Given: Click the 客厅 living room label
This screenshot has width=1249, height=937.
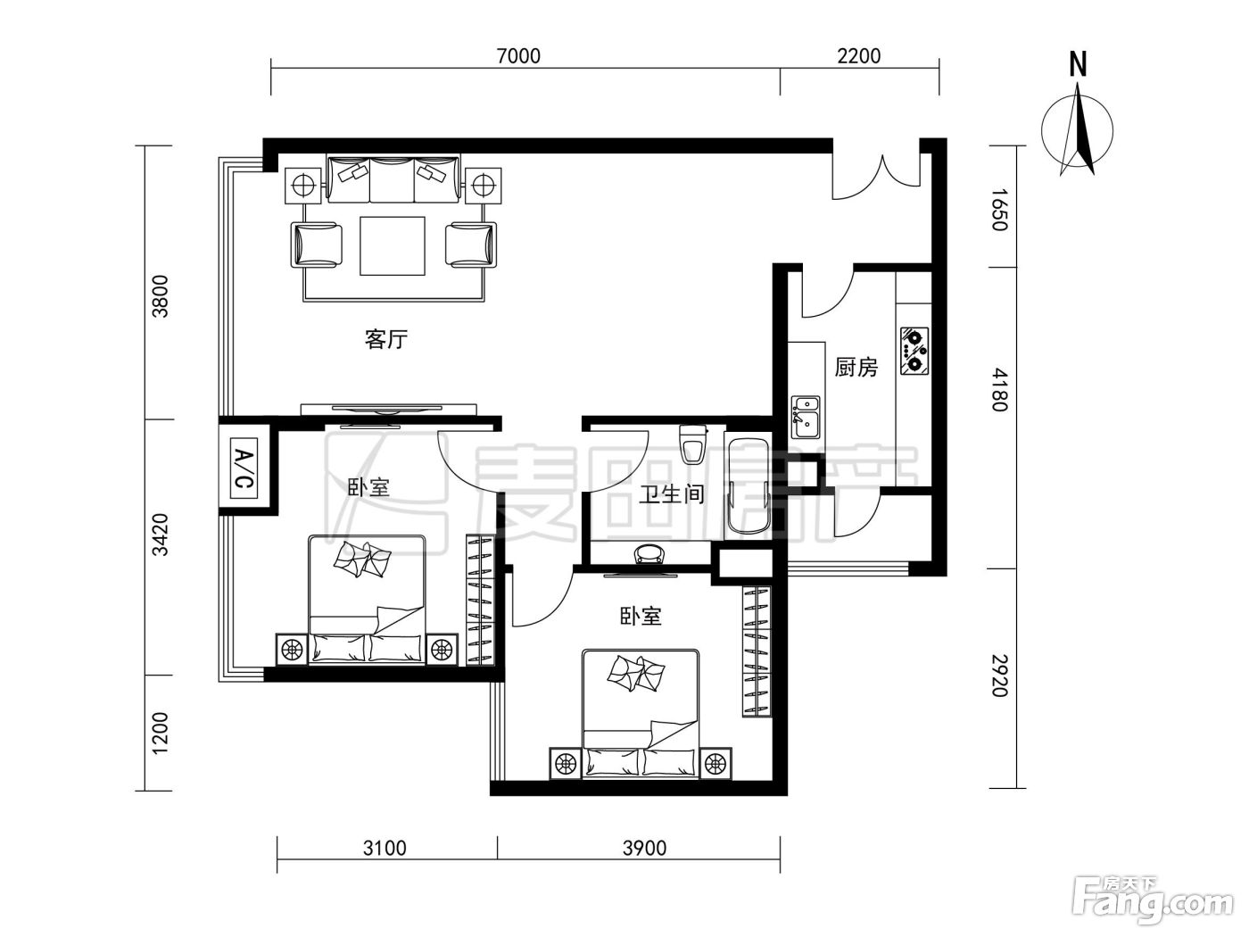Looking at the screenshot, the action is [385, 339].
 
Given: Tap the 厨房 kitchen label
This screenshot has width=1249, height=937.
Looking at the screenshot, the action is [856, 367].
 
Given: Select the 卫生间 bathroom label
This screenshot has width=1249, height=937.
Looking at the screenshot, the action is [672, 493].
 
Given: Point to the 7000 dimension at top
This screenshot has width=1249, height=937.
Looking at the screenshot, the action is [518, 56].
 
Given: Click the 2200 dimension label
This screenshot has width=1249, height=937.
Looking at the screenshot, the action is [859, 56].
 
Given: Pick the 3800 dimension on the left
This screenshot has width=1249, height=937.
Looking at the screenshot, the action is [161, 296].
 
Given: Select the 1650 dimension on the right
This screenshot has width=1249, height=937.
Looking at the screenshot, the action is [999, 210].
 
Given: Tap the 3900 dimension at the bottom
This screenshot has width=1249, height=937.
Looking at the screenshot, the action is [644, 848].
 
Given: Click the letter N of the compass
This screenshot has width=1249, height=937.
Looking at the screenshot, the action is [1078, 63].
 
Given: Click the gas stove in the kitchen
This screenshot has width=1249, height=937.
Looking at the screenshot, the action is [915, 351].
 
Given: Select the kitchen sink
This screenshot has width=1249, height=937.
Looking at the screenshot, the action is [806, 418].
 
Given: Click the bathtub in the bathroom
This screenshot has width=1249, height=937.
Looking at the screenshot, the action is [747, 485].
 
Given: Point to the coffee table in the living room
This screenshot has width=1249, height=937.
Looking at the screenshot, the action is [392, 245].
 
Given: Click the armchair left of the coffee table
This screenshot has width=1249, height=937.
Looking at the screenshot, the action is [317, 245].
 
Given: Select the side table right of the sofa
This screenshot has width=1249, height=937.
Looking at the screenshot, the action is [484, 185].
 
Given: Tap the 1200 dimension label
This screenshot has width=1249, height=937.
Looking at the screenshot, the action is [161, 733].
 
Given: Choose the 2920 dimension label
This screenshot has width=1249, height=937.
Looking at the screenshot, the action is [999, 676].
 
